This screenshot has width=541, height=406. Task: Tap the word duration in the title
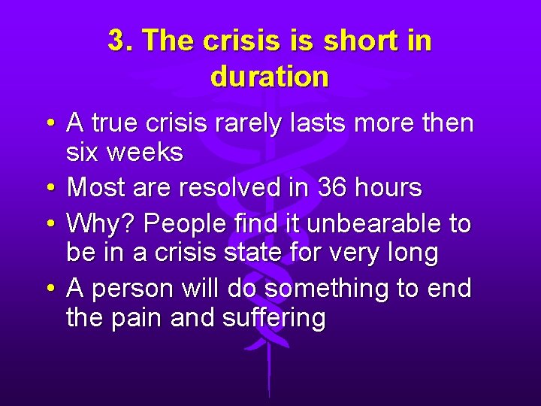(x=270, y=77)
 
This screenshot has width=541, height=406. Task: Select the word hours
(x=388, y=188)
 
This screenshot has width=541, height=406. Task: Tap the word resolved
(x=232, y=188)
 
